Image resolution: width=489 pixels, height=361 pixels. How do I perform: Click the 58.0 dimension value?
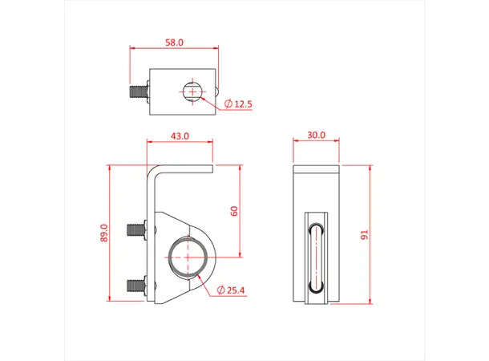point(174,42)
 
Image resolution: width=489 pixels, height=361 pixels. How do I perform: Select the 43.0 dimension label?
point(180,136)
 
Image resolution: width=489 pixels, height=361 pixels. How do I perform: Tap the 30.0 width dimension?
point(317,136)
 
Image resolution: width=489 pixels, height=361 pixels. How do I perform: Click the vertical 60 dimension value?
point(234,211)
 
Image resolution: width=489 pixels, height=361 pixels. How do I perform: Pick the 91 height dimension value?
point(363,235)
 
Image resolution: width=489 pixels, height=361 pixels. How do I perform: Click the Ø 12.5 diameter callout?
point(239,104)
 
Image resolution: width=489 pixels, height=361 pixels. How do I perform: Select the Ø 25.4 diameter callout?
point(235,290)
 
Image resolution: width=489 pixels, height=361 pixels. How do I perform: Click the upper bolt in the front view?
point(137,229)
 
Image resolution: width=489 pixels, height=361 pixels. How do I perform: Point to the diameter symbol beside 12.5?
point(228,104)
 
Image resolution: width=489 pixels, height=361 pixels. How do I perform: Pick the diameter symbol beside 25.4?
point(220,290)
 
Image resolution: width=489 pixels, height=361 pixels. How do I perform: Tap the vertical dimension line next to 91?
point(372,234)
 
